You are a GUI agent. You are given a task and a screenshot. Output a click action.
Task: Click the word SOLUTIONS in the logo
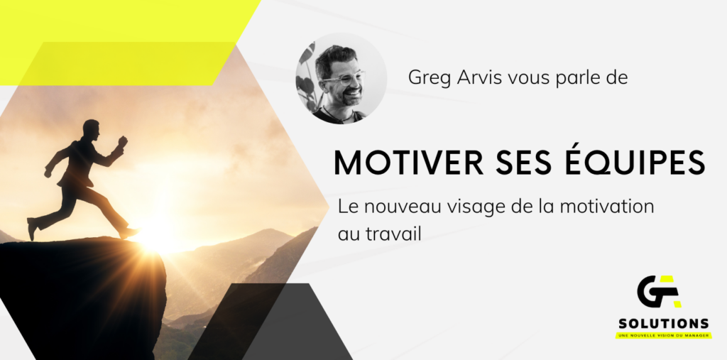pyautogui.click(x=664, y=323)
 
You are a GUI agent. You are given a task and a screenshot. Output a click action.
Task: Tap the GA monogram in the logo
pyautogui.click(x=660, y=291)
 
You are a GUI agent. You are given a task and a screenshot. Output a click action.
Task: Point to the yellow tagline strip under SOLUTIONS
pyautogui.click(x=664, y=335)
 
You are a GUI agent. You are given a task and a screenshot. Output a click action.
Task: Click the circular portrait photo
pyautogui.click(x=341, y=78)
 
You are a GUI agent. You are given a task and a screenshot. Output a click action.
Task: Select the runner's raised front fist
pyautogui.click(x=122, y=141)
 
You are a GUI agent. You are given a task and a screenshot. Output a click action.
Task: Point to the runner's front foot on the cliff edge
pyautogui.click(x=129, y=234)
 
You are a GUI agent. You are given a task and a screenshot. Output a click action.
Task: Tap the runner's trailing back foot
pyautogui.click(x=31, y=228)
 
